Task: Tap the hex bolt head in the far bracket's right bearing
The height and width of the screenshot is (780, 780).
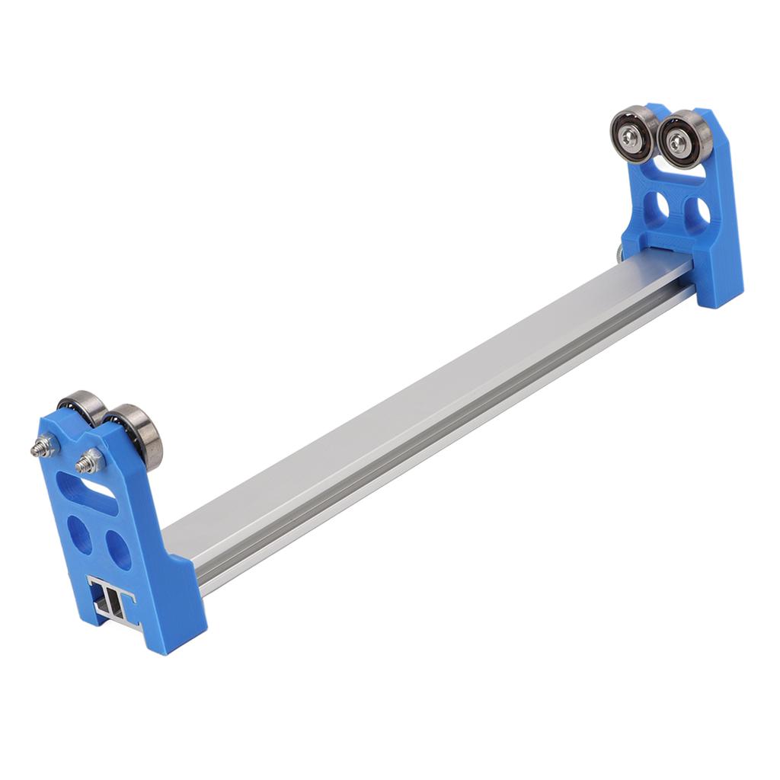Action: click(x=676, y=141)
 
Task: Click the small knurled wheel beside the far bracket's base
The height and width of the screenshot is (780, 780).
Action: click(x=618, y=254)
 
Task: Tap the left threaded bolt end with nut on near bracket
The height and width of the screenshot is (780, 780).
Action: click(x=45, y=447)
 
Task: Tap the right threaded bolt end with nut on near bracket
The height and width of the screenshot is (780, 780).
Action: click(x=90, y=461)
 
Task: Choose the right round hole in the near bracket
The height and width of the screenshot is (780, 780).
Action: click(x=118, y=548)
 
